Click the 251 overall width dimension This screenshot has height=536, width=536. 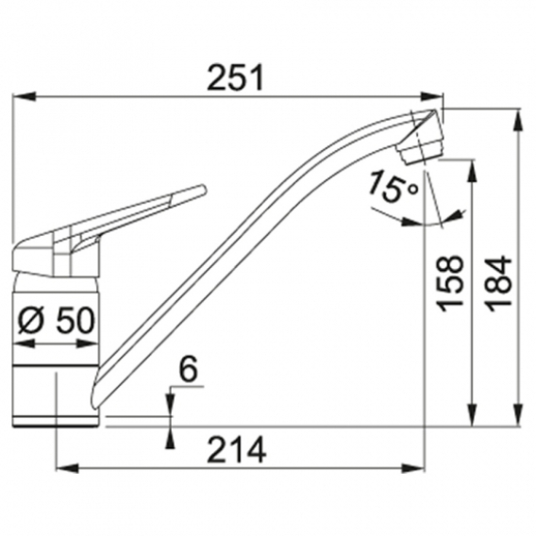pyautogui.click(x=236, y=77)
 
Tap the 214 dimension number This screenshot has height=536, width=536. pyautogui.click(x=237, y=449)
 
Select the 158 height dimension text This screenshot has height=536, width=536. pyautogui.click(x=451, y=284)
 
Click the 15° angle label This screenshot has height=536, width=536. pyautogui.click(x=394, y=188)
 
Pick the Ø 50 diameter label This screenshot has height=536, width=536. pyautogui.click(x=56, y=320)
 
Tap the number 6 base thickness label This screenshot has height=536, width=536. pyautogui.click(x=189, y=369)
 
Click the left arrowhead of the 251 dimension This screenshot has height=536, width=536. pyautogui.click(x=24, y=96)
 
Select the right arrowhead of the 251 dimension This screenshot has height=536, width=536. pyautogui.click(x=432, y=96)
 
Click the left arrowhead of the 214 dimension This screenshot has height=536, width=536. pyautogui.click(x=67, y=468)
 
